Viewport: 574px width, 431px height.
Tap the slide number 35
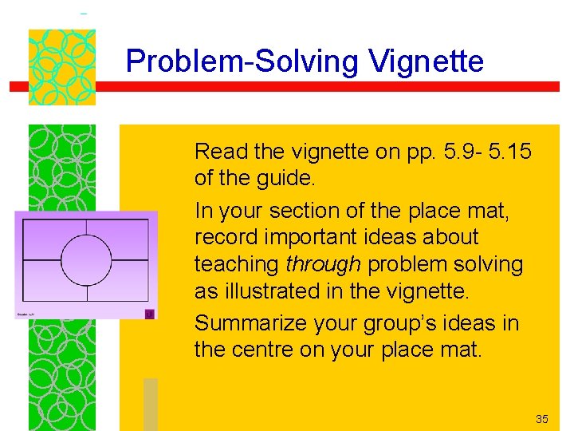click(x=542, y=419)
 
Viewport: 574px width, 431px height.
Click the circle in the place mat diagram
click(x=86, y=259)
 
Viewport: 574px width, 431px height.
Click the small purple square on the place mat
click(x=147, y=314)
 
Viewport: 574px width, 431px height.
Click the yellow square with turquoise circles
click(x=62, y=67)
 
